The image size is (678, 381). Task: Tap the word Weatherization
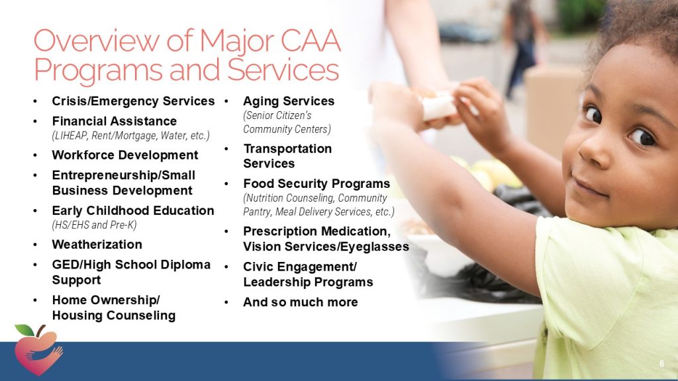97,245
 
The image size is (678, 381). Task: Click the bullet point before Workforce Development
35,155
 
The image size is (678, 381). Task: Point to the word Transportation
287,149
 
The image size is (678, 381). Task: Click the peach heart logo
38,351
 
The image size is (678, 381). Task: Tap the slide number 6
661,364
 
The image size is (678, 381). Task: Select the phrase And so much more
301,302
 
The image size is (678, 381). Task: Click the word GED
63,265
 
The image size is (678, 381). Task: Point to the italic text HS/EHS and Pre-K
94,225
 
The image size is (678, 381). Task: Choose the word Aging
261,101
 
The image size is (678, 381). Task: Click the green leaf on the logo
25,330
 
